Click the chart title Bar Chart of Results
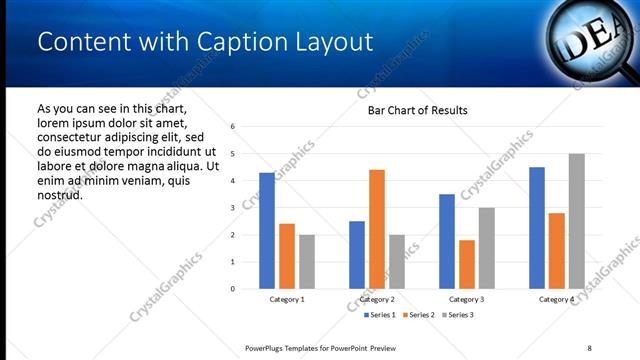[x=411, y=110]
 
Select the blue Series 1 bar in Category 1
[x=267, y=230]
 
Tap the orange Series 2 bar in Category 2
[x=376, y=229]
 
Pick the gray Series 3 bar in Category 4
[x=576, y=221]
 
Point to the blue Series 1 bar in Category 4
[x=537, y=228]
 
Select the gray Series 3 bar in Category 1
[x=306, y=261]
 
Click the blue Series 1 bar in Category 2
[x=357, y=254]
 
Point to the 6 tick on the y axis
[x=232, y=127]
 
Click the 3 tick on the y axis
[x=232, y=208]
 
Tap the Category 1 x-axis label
[x=287, y=299]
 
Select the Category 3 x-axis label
[x=467, y=299]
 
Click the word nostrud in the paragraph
[x=59, y=194]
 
